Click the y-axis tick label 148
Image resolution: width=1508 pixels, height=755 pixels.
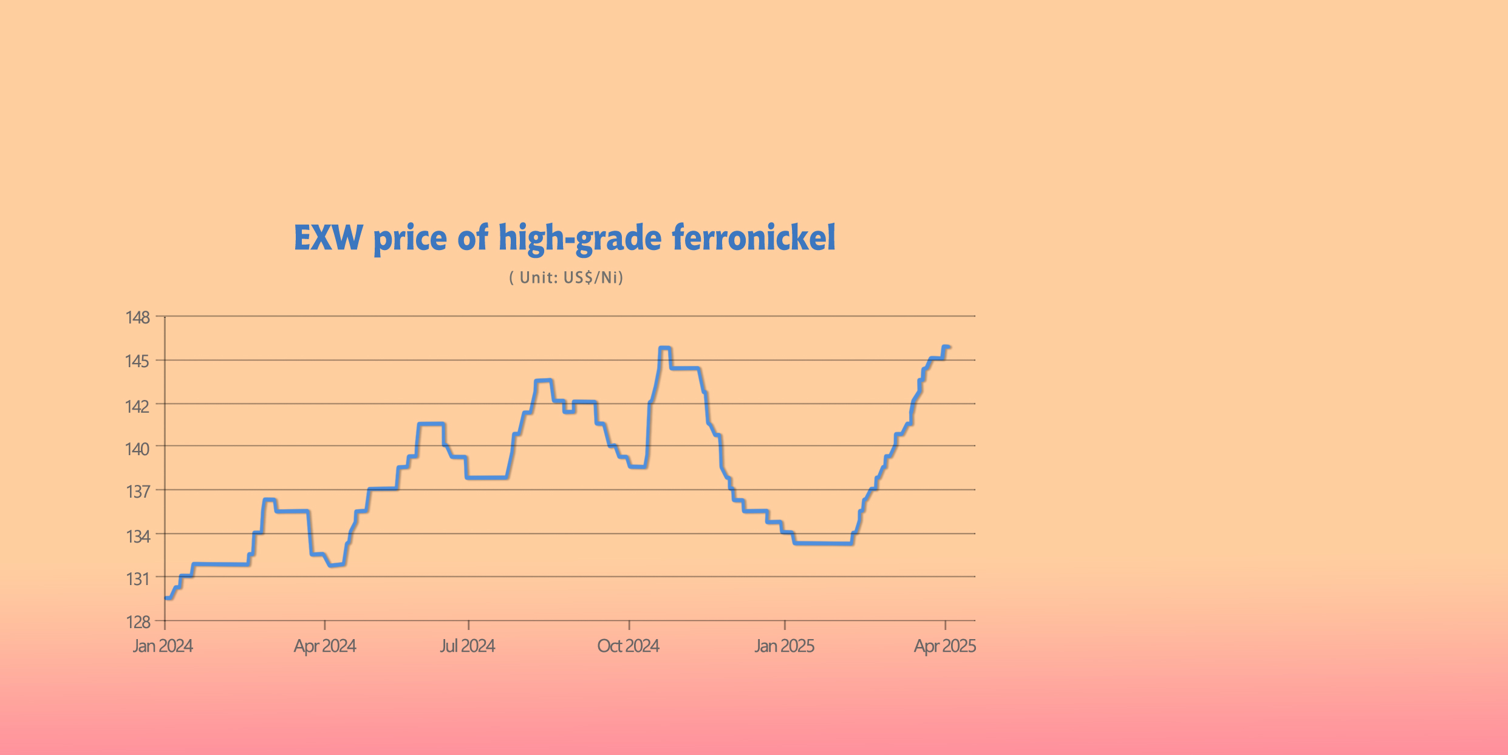coord(137,317)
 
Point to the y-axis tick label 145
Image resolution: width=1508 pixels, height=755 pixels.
coord(137,362)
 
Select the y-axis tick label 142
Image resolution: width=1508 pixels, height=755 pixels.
coord(137,406)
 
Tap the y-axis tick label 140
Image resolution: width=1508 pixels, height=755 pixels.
coord(137,449)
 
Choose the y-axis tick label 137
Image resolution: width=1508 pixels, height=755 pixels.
coord(138,492)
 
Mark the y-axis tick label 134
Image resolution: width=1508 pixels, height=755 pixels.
coord(138,537)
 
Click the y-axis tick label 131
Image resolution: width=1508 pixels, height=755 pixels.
coord(138,579)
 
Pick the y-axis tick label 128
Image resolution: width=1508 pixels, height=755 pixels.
coord(138,622)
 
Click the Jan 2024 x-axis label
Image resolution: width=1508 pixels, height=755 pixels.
coord(163,646)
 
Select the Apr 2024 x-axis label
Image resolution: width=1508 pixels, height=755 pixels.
coord(325,646)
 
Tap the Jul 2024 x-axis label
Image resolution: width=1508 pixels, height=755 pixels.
coord(468,646)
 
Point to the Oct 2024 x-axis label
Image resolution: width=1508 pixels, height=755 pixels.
coord(628,646)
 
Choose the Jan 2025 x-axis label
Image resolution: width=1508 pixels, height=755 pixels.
coord(784,646)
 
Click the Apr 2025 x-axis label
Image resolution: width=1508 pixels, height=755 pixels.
coord(944,646)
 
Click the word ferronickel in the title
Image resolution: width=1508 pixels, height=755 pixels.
coord(754,237)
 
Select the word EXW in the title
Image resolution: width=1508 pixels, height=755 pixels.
coord(329,237)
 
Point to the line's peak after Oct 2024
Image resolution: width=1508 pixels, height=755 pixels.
coord(664,348)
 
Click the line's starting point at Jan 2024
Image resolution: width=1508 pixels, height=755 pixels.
coord(166,598)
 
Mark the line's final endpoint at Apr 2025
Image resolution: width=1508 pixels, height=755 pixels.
coord(949,347)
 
